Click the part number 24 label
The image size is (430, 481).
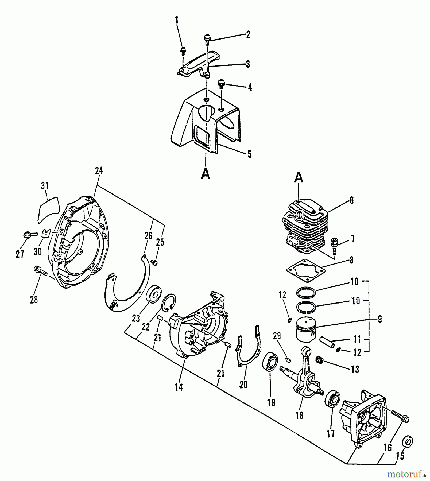(x=99, y=170)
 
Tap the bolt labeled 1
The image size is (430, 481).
(x=183, y=51)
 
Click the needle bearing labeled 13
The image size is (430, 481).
(x=319, y=359)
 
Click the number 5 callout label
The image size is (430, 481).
(x=249, y=154)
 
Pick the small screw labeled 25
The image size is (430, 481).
(x=154, y=263)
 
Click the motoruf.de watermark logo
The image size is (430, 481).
(x=406, y=474)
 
